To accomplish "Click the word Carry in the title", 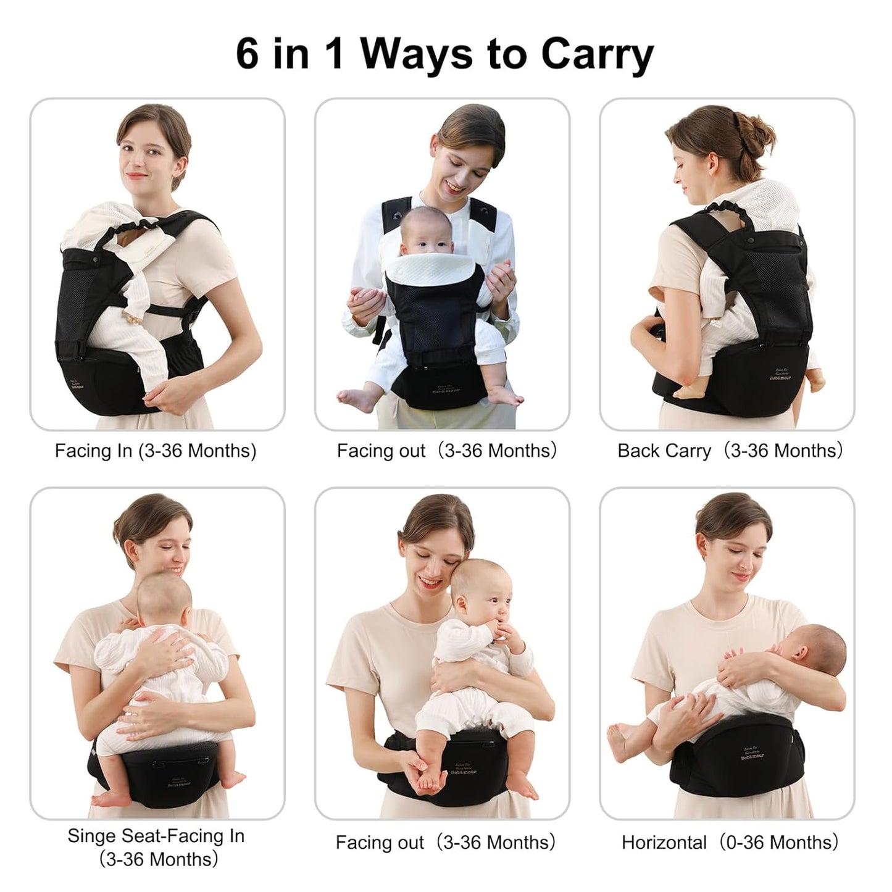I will [596, 56].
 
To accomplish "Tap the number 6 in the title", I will [248, 54].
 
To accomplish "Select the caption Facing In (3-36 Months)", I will [156, 451].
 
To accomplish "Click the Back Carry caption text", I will [664, 451].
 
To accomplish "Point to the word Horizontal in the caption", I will [664, 842].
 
